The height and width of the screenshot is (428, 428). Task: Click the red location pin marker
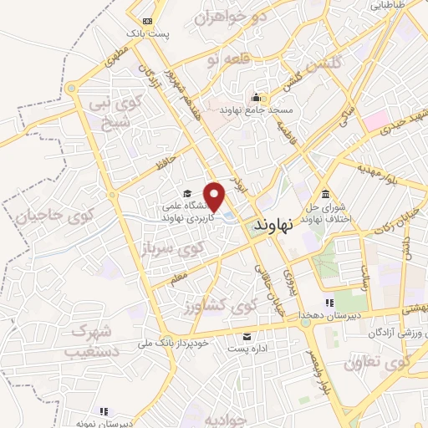[215, 196]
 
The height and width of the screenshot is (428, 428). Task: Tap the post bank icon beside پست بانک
[147, 22]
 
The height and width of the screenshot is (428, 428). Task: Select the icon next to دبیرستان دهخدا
[330, 303]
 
